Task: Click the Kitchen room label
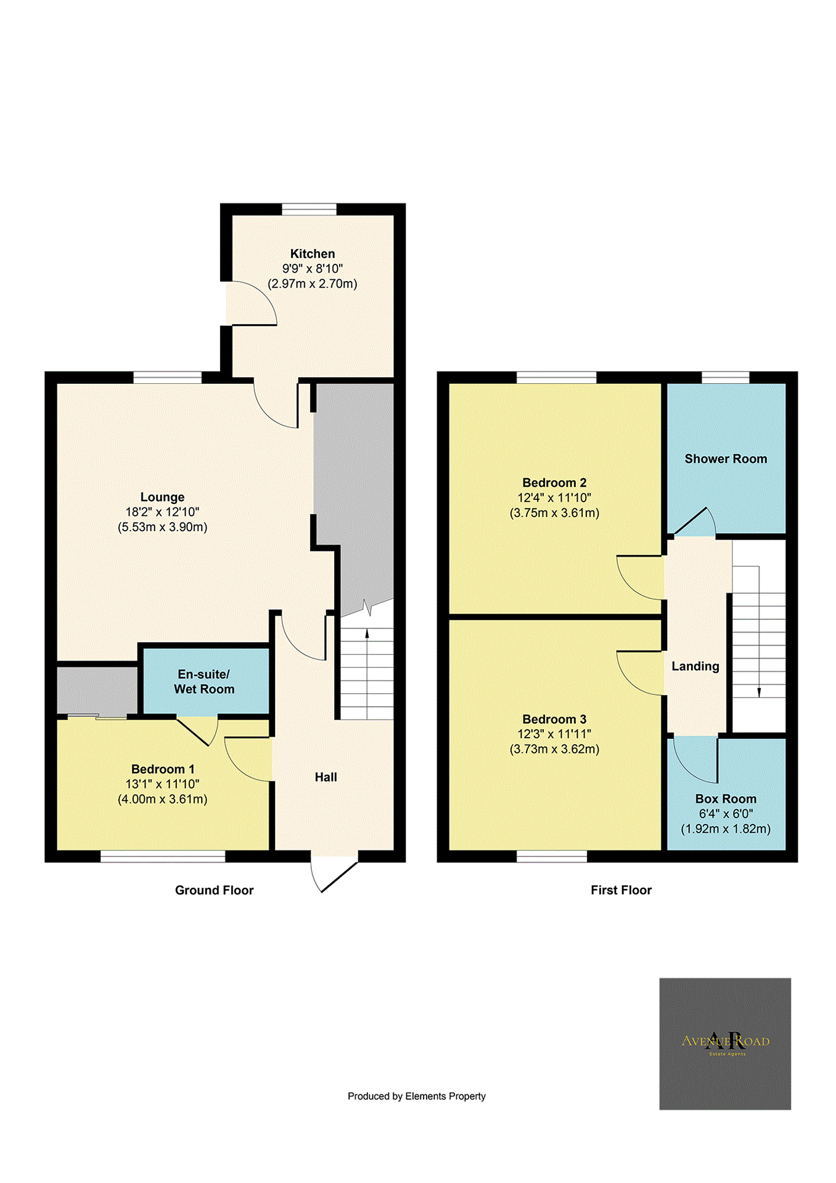point(312,254)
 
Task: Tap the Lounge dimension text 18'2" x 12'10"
point(162,512)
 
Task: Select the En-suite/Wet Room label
point(204,681)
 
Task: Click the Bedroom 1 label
point(163,769)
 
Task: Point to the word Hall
point(326,777)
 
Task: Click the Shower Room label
point(725,459)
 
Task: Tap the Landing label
point(695,666)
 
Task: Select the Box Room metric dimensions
point(725,829)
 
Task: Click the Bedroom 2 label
point(554,482)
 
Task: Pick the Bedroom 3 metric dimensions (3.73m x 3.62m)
point(554,749)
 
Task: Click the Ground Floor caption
point(214,890)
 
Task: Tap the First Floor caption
point(620,890)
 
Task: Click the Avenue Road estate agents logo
point(724,1044)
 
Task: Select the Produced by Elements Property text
point(416,1096)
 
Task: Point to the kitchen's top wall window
point(309,209)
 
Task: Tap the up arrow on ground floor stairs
point(367,633)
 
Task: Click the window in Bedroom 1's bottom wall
point(163,856)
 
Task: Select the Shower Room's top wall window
point(725,377)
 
